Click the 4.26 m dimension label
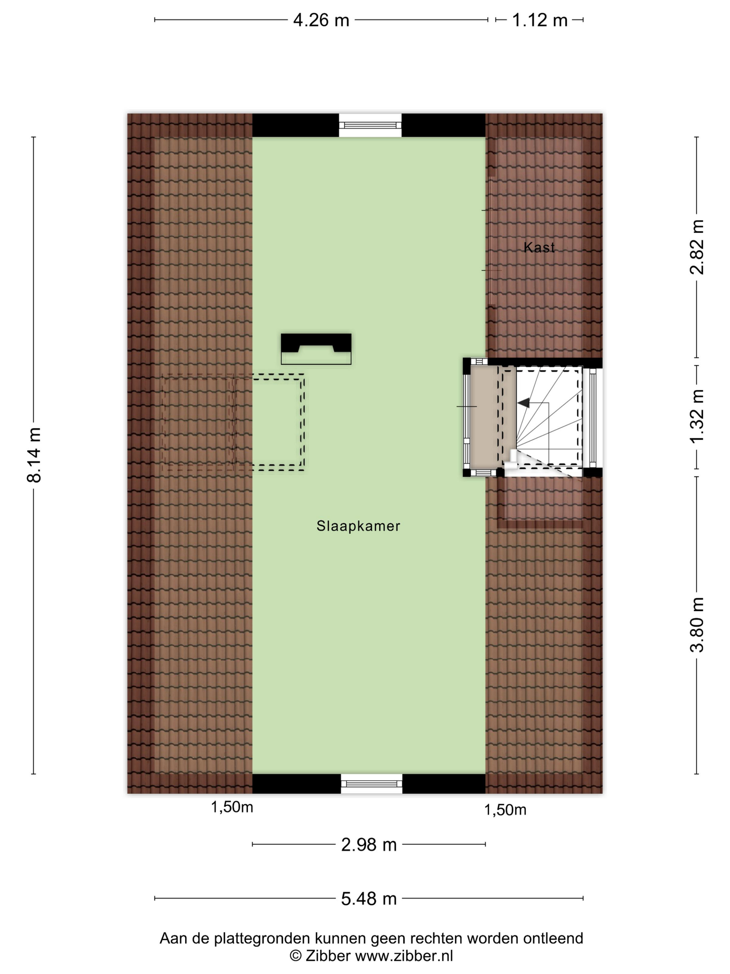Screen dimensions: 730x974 point(321,20)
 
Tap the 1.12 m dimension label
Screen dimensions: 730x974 point(540,20)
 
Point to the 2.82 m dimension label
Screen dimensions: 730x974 point(697,247)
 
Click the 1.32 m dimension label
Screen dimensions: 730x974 point(697,416)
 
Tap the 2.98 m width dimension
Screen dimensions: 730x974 point(369,845)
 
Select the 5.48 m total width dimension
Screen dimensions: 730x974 point(369,899)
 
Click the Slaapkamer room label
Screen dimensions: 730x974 point(358,526)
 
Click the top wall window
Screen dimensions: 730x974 point(370,126)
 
